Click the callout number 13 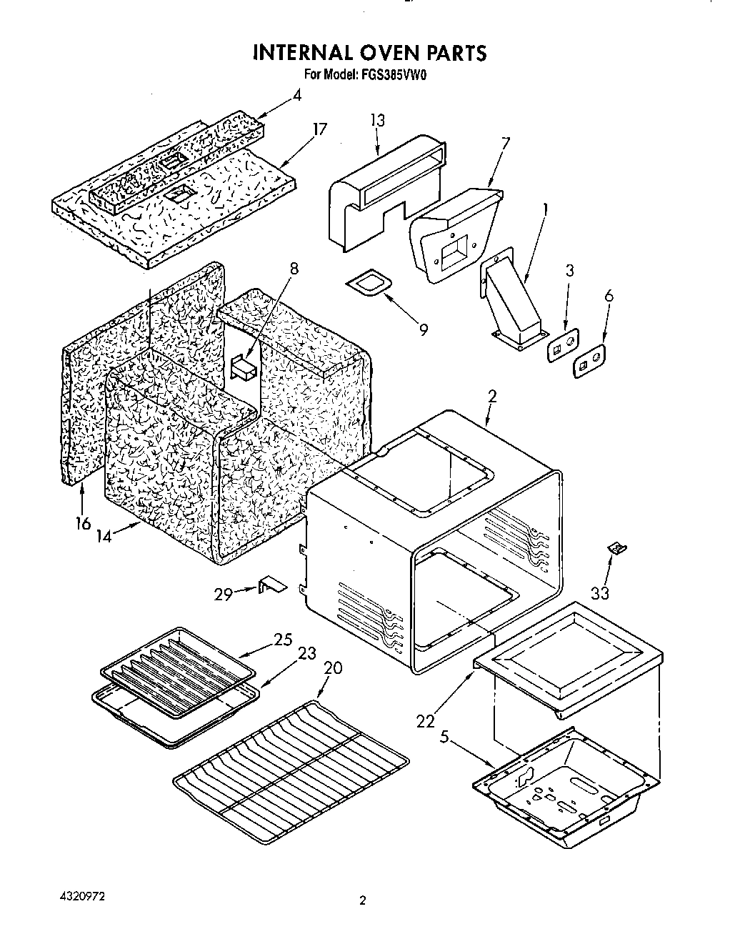click(x=377, y=121)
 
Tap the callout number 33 click(x=600, y=592)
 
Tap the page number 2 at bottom click(x=363, y=902)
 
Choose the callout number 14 click(x=104, y=535)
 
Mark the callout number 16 click(x=83, y=523)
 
